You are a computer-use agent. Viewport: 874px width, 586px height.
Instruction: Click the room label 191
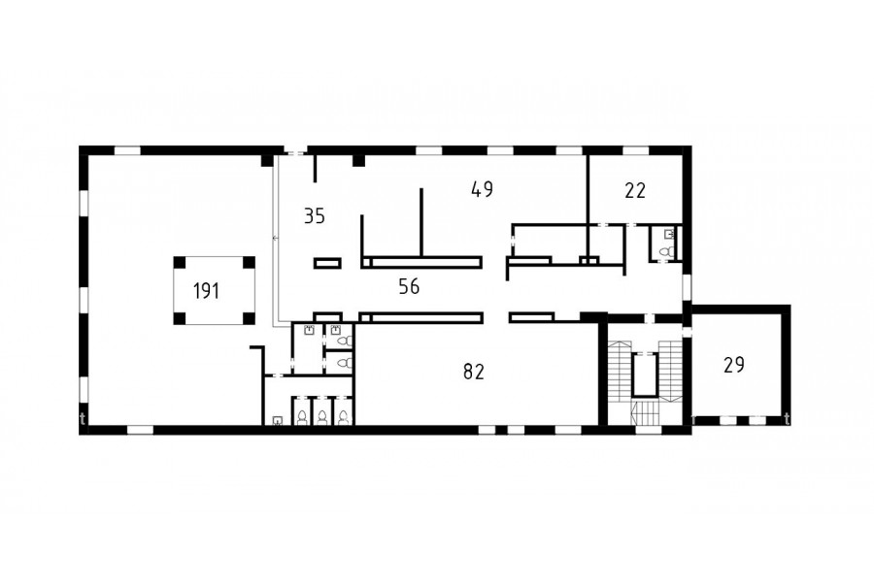(206, 291)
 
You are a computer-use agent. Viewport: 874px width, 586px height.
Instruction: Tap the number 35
(315, 215)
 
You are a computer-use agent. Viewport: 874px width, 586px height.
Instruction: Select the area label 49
(482, 189)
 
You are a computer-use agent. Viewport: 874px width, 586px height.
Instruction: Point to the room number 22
(635, 190)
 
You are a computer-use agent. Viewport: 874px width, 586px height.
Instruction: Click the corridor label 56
(409, 286)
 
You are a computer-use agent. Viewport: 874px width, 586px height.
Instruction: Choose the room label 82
(474, 371)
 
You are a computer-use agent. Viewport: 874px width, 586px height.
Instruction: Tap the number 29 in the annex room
(734, 365)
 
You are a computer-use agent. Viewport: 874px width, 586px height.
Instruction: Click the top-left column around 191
(180, 262)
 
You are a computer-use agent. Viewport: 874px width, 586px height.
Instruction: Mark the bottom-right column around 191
(250, 318)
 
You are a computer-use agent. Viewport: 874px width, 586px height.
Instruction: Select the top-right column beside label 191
(250, 262)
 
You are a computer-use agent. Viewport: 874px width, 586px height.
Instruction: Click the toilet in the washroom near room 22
(665, 252)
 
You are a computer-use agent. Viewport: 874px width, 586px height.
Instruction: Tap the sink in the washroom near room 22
(669, 234)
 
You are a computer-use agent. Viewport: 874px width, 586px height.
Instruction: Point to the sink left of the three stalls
(277, 420)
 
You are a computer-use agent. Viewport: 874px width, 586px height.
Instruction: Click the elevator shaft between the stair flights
(646, 374)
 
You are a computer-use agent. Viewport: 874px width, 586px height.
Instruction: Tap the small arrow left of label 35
(275, 238)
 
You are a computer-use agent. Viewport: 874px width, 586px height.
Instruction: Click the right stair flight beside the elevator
(670, 371)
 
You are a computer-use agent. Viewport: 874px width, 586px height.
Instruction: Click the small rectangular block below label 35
(327, 263)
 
